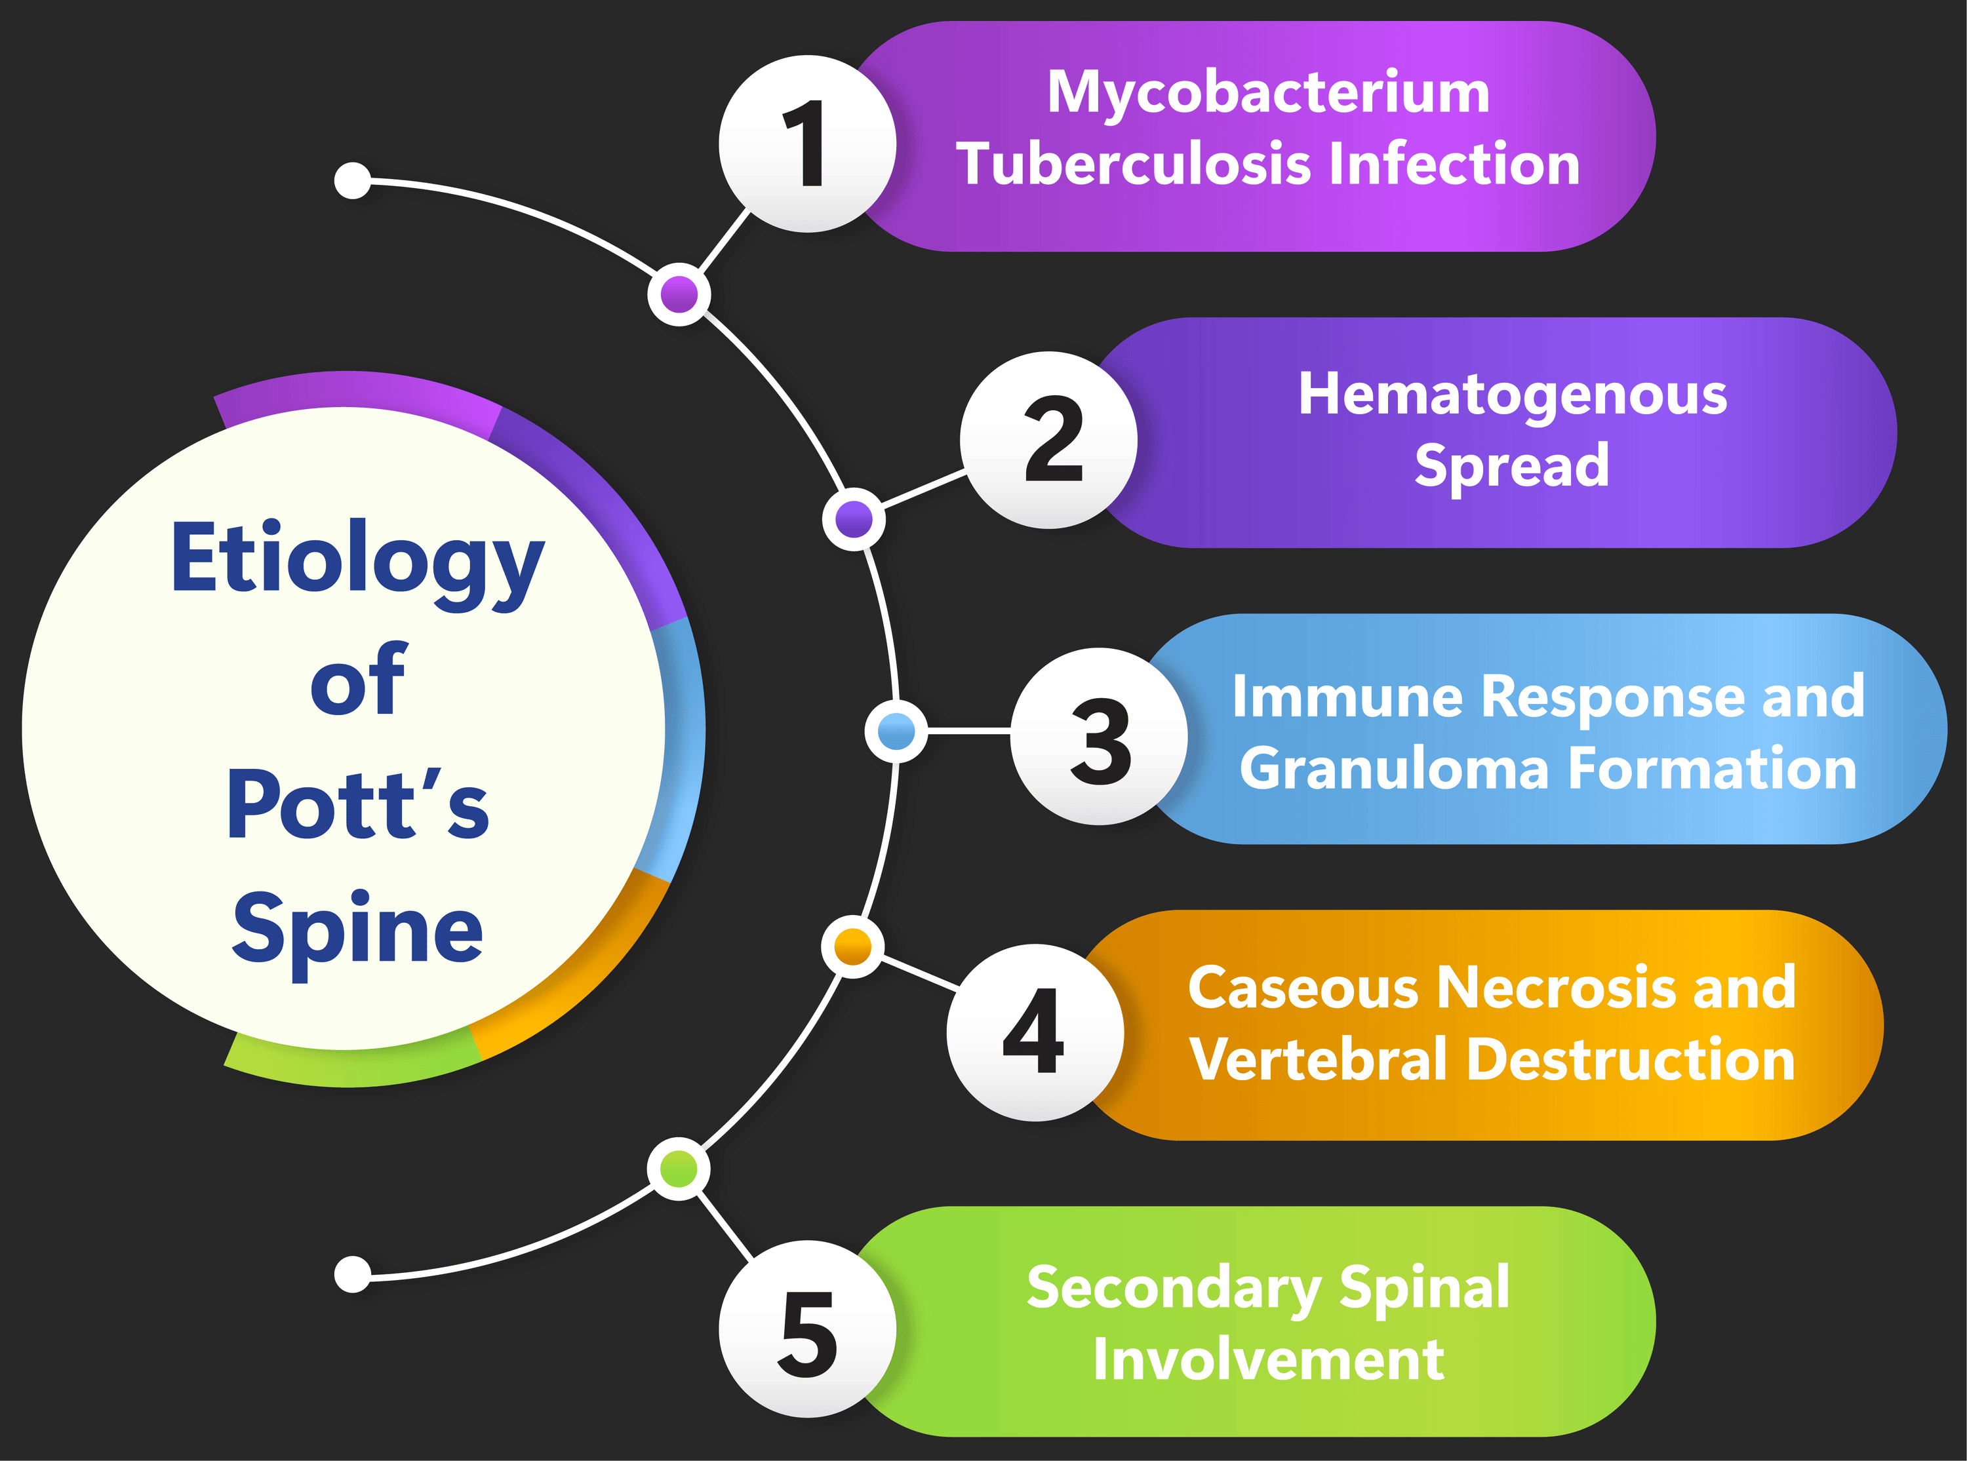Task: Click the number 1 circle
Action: coord(806,144)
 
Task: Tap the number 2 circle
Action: coord(1049,440)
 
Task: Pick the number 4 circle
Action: coord(1035,1032)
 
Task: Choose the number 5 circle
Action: coord(806,1329)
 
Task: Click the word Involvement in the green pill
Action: coord(1268,1359)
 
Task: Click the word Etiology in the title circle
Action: coord(357,559)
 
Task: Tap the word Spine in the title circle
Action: coord(357,929)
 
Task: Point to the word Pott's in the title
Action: coord(357,805)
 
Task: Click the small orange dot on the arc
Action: coord(852,946)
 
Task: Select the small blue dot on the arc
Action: coord(896,730)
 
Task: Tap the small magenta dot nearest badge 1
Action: coord(679,294)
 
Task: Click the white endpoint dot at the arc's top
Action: coord(353,180)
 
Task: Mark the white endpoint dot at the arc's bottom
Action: coord(353,1274)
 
